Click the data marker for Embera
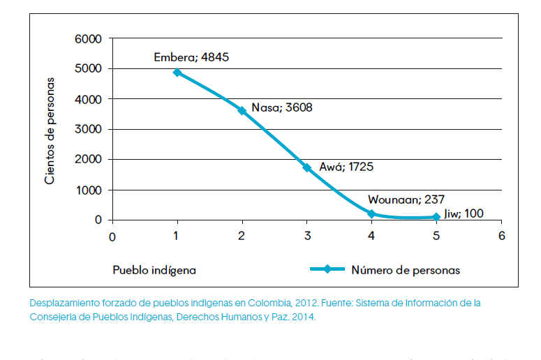click(177, 72)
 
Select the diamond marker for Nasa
click(242, 110)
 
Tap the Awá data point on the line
click(306, 167)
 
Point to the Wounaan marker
click(372, 213)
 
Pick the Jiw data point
click(436, 217)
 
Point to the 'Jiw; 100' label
click(464, 213)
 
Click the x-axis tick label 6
click(501, 236)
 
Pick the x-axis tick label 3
click(306, 236)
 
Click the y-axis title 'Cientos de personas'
click(50, 131)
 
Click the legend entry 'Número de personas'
click(406, 270)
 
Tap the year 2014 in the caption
click(302, 317)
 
